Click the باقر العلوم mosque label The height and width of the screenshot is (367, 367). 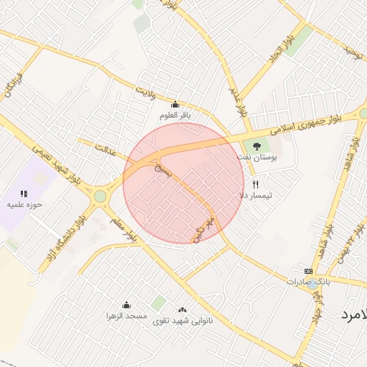coord(176,115)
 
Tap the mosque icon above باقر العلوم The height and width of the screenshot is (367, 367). coord(176,105)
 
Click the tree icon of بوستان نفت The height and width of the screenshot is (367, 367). coord(257,146)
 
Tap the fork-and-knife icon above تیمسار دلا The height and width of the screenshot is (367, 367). coord(255,184)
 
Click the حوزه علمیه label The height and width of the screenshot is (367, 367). coord(25,204)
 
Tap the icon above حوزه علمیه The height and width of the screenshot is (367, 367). coord(24,194)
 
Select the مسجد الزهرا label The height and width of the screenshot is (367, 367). coord(127,315)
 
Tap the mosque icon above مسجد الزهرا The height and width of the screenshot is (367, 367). coord(127,305)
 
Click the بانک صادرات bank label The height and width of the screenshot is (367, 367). coord(310,281)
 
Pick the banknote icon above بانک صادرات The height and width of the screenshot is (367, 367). coord(309,271)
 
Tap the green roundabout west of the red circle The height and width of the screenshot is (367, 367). coord(100,196)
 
